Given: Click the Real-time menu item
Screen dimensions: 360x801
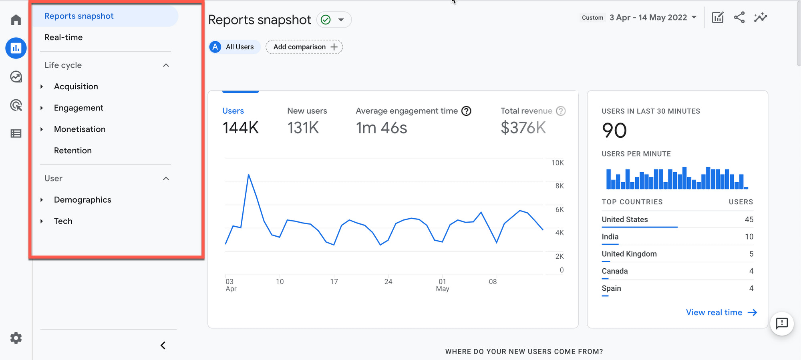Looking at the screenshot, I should (x=63, y=37).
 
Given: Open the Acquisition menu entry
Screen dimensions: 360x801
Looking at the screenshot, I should (x=76, y=86).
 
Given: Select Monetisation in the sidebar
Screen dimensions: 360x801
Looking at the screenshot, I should (x=79, y=129).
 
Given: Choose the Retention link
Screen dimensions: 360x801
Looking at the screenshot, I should (x=72, y=151).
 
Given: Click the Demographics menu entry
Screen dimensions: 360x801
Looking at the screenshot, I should (x=82, y=200).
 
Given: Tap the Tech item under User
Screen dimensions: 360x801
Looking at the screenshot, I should (x=63, y=221).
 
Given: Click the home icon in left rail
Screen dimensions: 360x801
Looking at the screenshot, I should (x=16, y=20).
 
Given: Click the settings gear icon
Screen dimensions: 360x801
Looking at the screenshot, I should (x=16, y=338).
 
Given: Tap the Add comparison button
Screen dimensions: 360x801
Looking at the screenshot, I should (x=304, y=47).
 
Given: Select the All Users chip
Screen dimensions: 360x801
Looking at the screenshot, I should (x=234, y=47).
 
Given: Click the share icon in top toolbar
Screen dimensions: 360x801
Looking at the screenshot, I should (x=739, y=18).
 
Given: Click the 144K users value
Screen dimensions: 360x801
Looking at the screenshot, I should (x=240, y=128).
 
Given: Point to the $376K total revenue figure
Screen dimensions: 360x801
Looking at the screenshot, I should (x=523, y=128).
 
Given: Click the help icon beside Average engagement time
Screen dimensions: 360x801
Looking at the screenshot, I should (x=466, y=111).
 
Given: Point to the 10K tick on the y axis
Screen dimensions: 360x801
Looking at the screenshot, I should (x=557, y=163).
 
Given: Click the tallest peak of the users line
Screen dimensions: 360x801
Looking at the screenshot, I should (x=249, y=175).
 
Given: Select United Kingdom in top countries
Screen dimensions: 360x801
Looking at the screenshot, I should (x=629, y=254).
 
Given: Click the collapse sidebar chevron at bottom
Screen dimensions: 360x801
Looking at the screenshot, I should (x=163, y=345).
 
